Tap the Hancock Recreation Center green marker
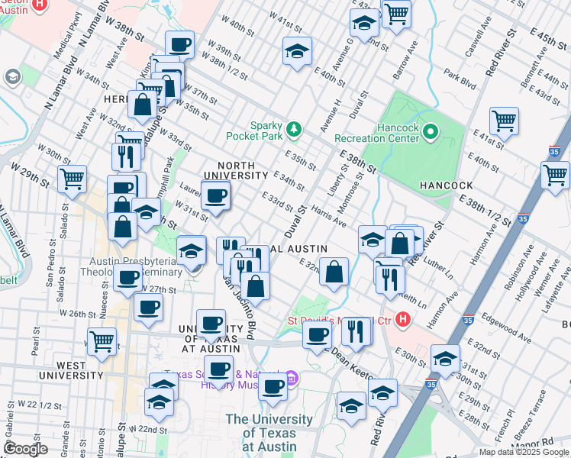tap(431, 133)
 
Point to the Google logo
tap(25, 448)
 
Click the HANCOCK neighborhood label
tap(447, 185)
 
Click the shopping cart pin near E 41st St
tap(504, 120)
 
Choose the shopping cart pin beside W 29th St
tap(73, 178)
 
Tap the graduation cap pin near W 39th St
tap(297, 51)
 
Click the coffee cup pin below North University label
tap(216, 194)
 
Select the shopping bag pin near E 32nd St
tap(334, 271)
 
